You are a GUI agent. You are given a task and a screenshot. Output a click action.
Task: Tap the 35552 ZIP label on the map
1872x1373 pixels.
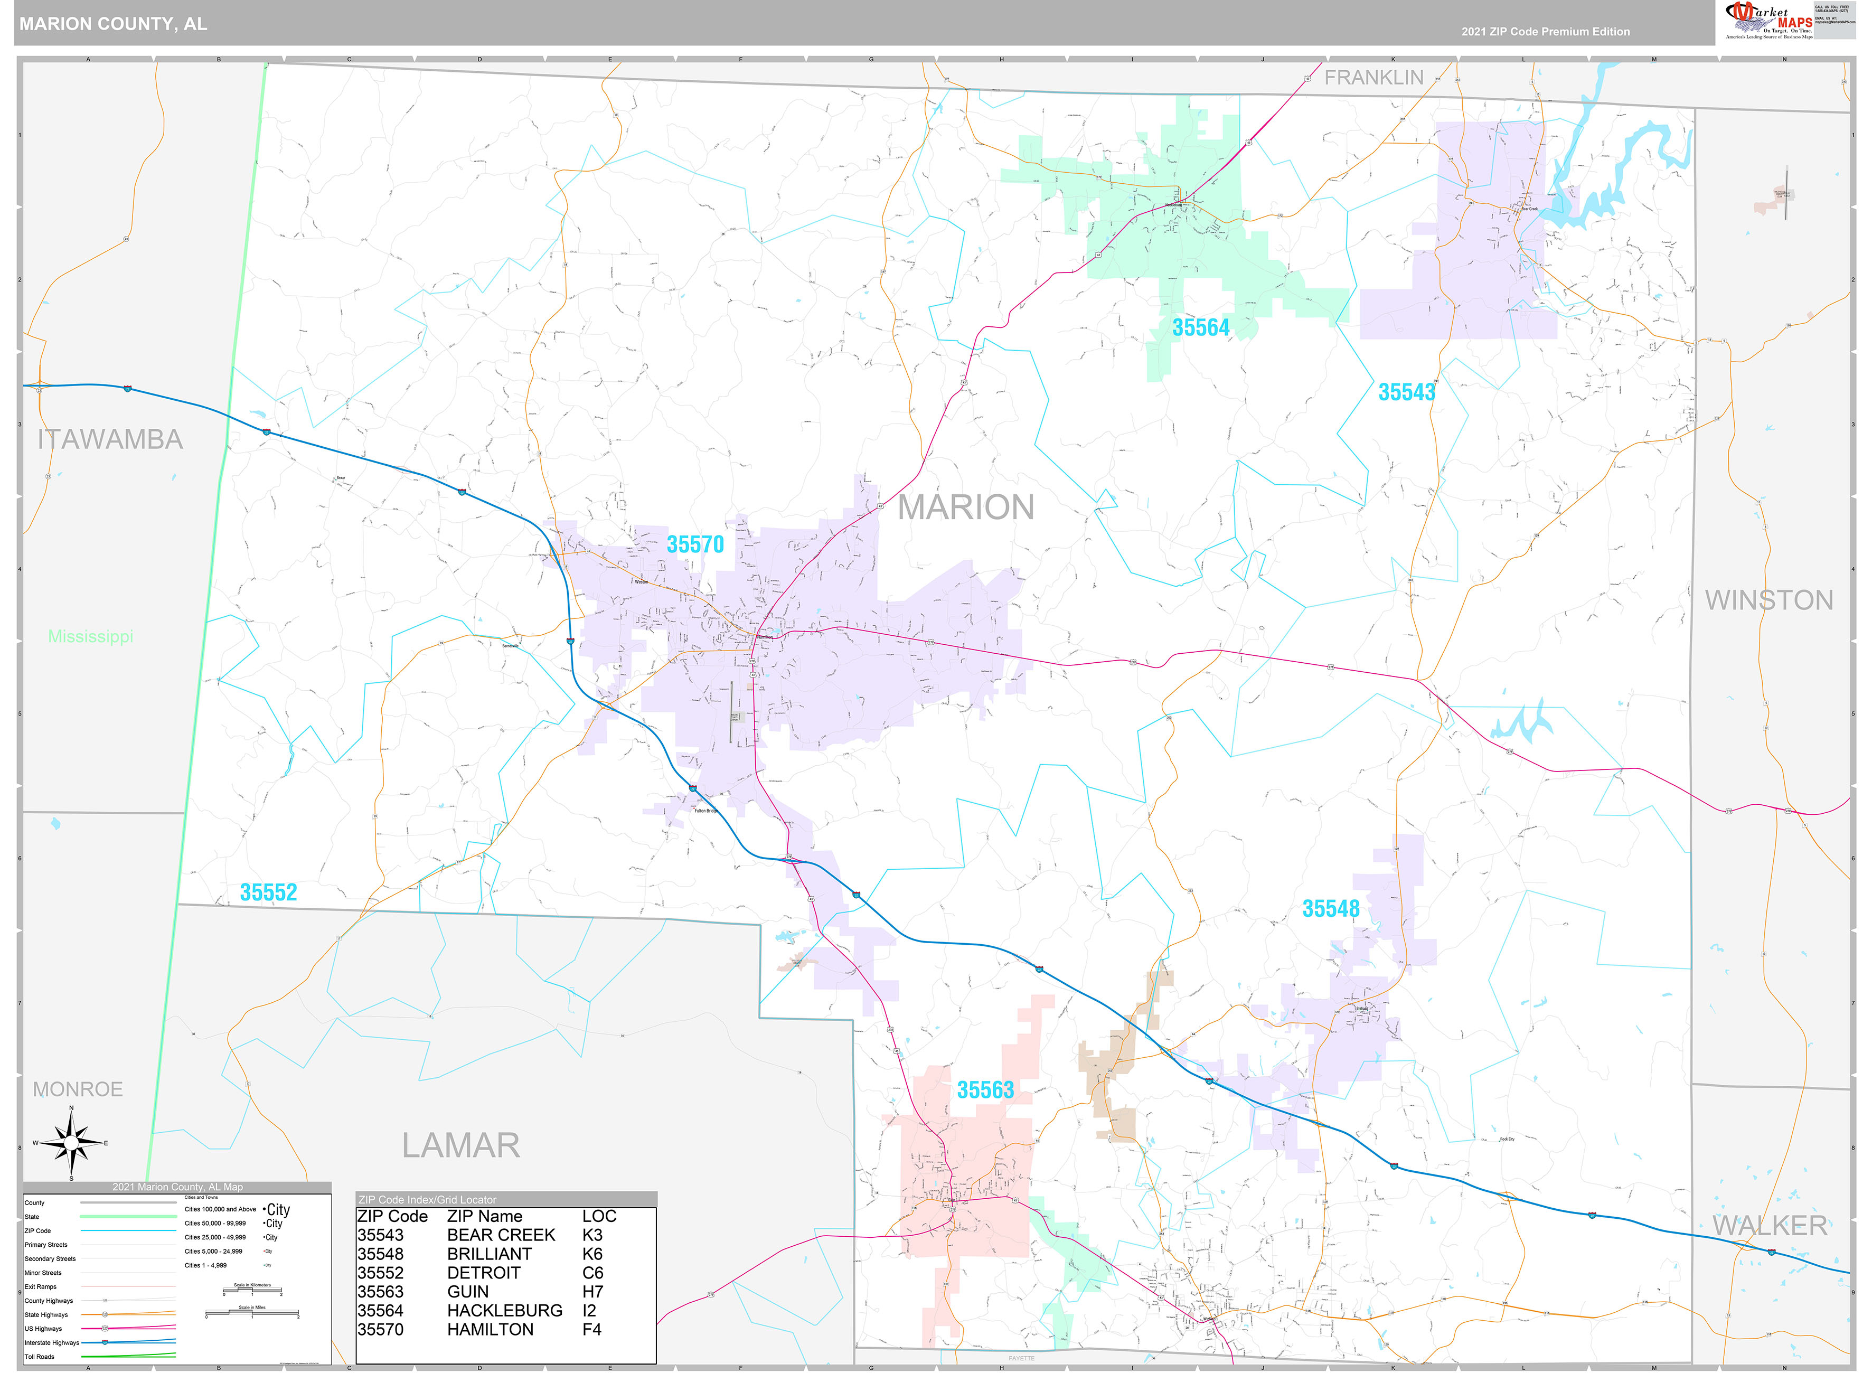coord(268,892)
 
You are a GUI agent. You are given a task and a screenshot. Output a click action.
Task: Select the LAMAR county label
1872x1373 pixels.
coord(460,1145)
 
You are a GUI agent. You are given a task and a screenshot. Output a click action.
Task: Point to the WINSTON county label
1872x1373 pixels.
coord(1768,600)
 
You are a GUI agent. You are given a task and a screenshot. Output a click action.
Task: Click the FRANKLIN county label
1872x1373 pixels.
coord(1374,77)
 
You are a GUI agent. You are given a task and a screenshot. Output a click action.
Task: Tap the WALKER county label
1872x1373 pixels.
coord(1769,1225)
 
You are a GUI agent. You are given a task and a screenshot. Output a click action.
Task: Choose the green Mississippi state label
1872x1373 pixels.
coord(91,637)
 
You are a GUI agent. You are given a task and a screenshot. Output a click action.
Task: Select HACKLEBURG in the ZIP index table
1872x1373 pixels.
coord(504,1311)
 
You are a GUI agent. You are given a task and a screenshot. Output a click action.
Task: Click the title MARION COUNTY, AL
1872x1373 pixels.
coord(113,24)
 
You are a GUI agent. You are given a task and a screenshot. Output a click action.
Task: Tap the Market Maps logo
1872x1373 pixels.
coord(1768,20)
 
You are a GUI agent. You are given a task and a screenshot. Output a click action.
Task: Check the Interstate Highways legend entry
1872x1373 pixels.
coord(52,1342)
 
